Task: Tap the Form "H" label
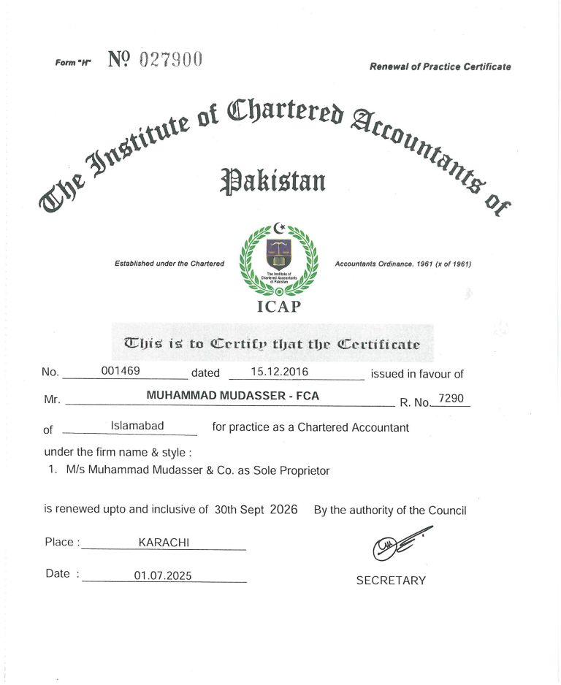tap(72, 63)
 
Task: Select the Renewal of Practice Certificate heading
tap(440, 67)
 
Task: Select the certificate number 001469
tap(121, 371)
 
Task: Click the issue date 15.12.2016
tap(279, 372)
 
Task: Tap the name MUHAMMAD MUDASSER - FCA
tap(232, 395)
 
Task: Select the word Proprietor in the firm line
tap(302, 471)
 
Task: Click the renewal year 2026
tap(283, 510)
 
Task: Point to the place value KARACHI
tap(164, 543)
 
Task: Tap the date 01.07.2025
tap(162, 576)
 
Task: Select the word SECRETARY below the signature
tap(391, 581)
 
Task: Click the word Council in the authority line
tap(447, 510)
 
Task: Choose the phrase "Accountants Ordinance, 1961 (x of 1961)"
tap(402, 264)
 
